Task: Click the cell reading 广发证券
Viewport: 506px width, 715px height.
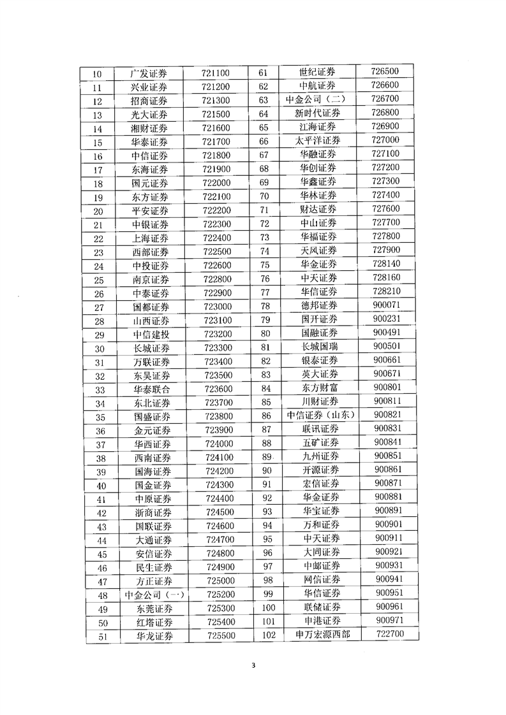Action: (149, 73)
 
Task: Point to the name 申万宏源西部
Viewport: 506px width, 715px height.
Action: (318, 635)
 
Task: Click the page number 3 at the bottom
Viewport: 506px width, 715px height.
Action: (253, 667)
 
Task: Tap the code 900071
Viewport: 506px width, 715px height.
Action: (387, 305)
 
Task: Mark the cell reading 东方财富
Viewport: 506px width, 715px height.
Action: (320, 387)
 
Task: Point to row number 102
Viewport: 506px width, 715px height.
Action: (268, 635)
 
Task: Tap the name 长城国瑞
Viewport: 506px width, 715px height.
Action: (320, 347)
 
